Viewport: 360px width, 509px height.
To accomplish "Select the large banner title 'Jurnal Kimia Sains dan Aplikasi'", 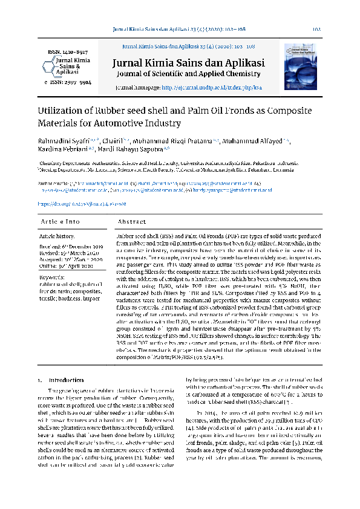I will point(188,63).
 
